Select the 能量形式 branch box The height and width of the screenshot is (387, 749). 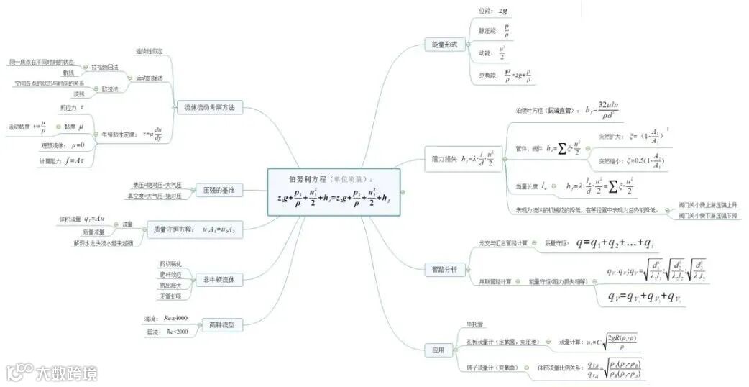[444, 44]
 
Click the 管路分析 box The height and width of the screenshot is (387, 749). [444, 270]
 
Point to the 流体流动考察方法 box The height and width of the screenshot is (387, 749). [209, 107]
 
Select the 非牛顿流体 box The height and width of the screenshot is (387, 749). [220, 278]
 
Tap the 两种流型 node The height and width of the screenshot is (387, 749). [220, 325]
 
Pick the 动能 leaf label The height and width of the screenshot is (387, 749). [485, 53]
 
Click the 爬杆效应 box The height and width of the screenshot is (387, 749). [170, 275]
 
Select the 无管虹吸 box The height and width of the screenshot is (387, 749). [170, 296]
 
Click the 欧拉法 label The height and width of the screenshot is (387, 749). [110, 88]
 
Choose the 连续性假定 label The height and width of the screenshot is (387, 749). [150, 51]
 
